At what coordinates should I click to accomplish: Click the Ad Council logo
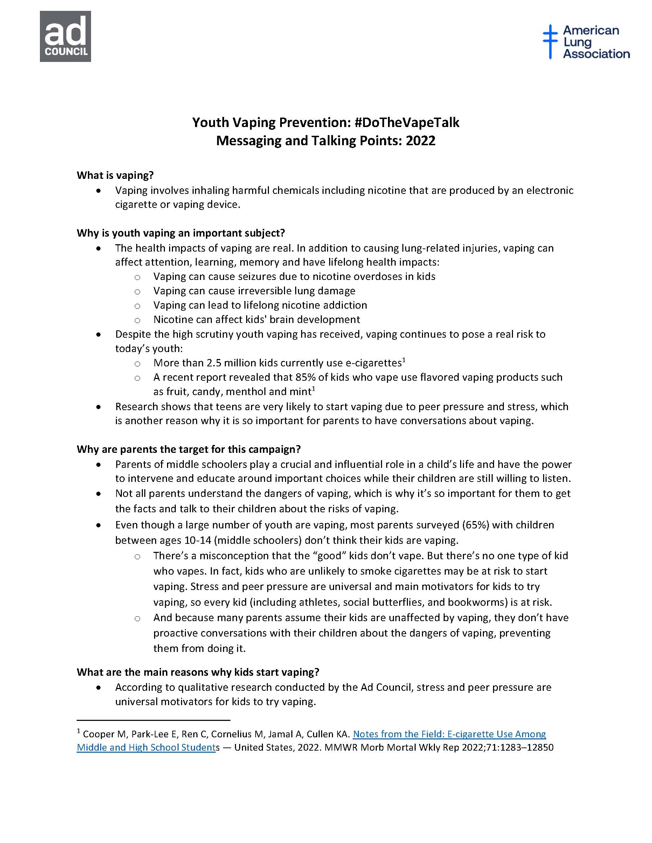[65, 36]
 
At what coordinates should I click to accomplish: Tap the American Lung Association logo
[585, 42]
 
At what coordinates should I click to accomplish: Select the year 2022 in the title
[420, 141]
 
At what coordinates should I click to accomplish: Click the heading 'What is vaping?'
[115, 175]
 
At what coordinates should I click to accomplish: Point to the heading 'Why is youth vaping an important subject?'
[181, 233]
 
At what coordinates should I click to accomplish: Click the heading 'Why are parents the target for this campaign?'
[188, 449]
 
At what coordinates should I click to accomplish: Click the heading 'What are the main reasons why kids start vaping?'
[198, 672]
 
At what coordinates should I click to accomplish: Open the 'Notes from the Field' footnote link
[449, 734]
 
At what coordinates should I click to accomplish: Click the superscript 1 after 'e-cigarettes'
[404, 360]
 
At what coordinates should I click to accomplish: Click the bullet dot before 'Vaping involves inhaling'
[99, 191]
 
